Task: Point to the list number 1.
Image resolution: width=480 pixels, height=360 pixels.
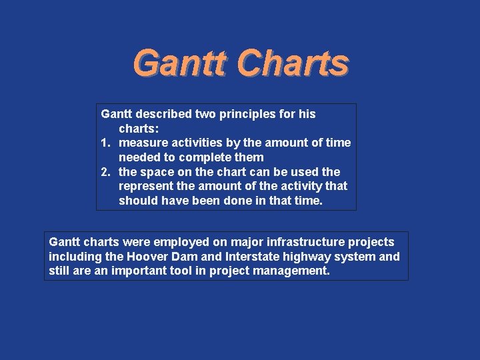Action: click(x=105, y=143)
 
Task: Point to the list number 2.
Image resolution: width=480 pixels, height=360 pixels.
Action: click(x=105, y=172)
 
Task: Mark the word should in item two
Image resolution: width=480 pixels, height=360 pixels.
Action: click(x=138, y=201)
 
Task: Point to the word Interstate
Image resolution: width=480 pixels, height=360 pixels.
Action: click(x=247, y=257)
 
